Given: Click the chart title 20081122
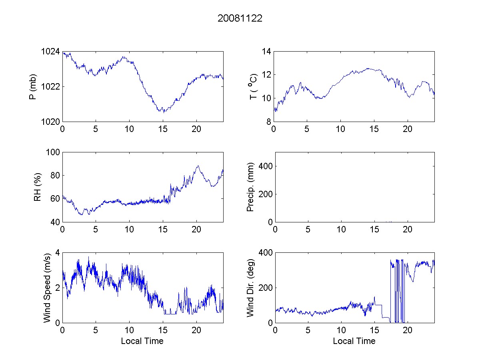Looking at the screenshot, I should [x=240, y=18].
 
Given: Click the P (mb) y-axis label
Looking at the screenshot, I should [x=33, y=86].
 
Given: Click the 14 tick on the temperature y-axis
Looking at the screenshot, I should [x=267, y=52].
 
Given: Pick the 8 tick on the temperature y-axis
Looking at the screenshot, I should [x=269, y=121].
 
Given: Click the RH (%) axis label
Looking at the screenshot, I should [x=38, y=187].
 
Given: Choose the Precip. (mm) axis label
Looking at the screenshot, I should [x=250, y=187].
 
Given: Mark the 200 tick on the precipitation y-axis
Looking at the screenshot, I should [x=265, y=194].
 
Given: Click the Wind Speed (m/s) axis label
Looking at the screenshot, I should [x=47, y=288].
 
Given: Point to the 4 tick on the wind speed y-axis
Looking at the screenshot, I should [x=57, y=253].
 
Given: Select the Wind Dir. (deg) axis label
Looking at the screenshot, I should [x=250, y=288].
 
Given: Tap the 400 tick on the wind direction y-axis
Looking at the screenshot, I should [x=265, y=253].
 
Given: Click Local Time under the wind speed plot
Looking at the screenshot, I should [x=142, y=341].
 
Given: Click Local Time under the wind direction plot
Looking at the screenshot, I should [x=354, y=341].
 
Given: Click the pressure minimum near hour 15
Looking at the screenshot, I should [x=164, y=112].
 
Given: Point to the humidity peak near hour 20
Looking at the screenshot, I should [x=197, y=166].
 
